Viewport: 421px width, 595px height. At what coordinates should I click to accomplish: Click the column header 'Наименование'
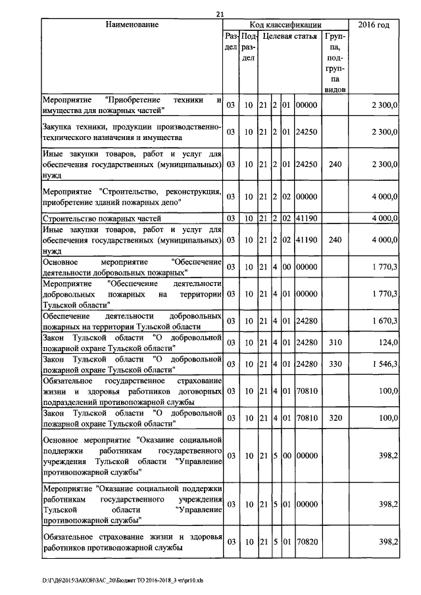pyautogui.click(x=132, y=25)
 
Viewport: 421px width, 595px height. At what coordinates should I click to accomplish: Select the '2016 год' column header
pyautogui.click(x=374, y=25)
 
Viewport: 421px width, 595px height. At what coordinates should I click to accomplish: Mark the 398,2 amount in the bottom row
pyautogui.click(x=387, y=542)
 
